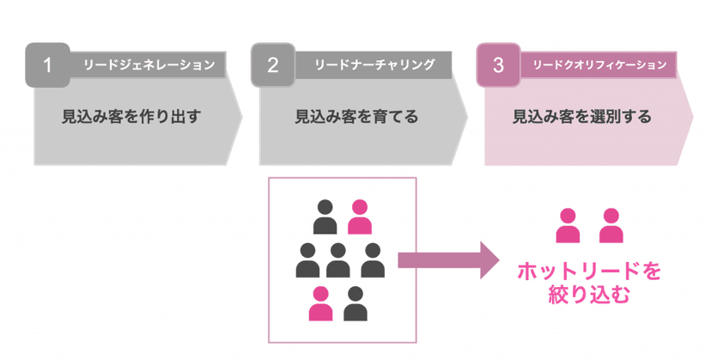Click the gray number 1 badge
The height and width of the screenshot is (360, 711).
point(47,65)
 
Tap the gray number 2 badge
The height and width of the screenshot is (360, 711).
point(273,65)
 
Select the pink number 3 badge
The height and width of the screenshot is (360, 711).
point(498,65)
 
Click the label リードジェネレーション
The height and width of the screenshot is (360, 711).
point(149,65)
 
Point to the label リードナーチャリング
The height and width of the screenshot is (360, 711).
point(374,65)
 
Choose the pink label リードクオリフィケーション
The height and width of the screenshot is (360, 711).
point(599,65)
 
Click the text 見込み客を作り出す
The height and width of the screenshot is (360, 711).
point(131,117)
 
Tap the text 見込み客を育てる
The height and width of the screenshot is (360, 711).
point(357,117)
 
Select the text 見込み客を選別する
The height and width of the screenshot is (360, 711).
point(582,117)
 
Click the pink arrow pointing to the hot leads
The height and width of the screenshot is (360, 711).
point(448,260)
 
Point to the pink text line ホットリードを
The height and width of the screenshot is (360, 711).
point(589,272)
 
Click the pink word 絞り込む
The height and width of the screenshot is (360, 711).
point(589,294)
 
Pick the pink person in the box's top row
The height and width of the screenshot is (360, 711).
point(360,217)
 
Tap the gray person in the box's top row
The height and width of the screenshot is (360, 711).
point(325,217)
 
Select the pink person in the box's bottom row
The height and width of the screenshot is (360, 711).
point(320,303)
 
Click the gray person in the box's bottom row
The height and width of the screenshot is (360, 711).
point(355,303)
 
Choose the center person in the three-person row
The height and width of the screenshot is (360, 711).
point(337,260)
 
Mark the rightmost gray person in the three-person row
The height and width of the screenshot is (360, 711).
point(373,260)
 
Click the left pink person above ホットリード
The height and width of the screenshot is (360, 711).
point(568,226)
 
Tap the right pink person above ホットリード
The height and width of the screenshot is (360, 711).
point(611,226)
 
